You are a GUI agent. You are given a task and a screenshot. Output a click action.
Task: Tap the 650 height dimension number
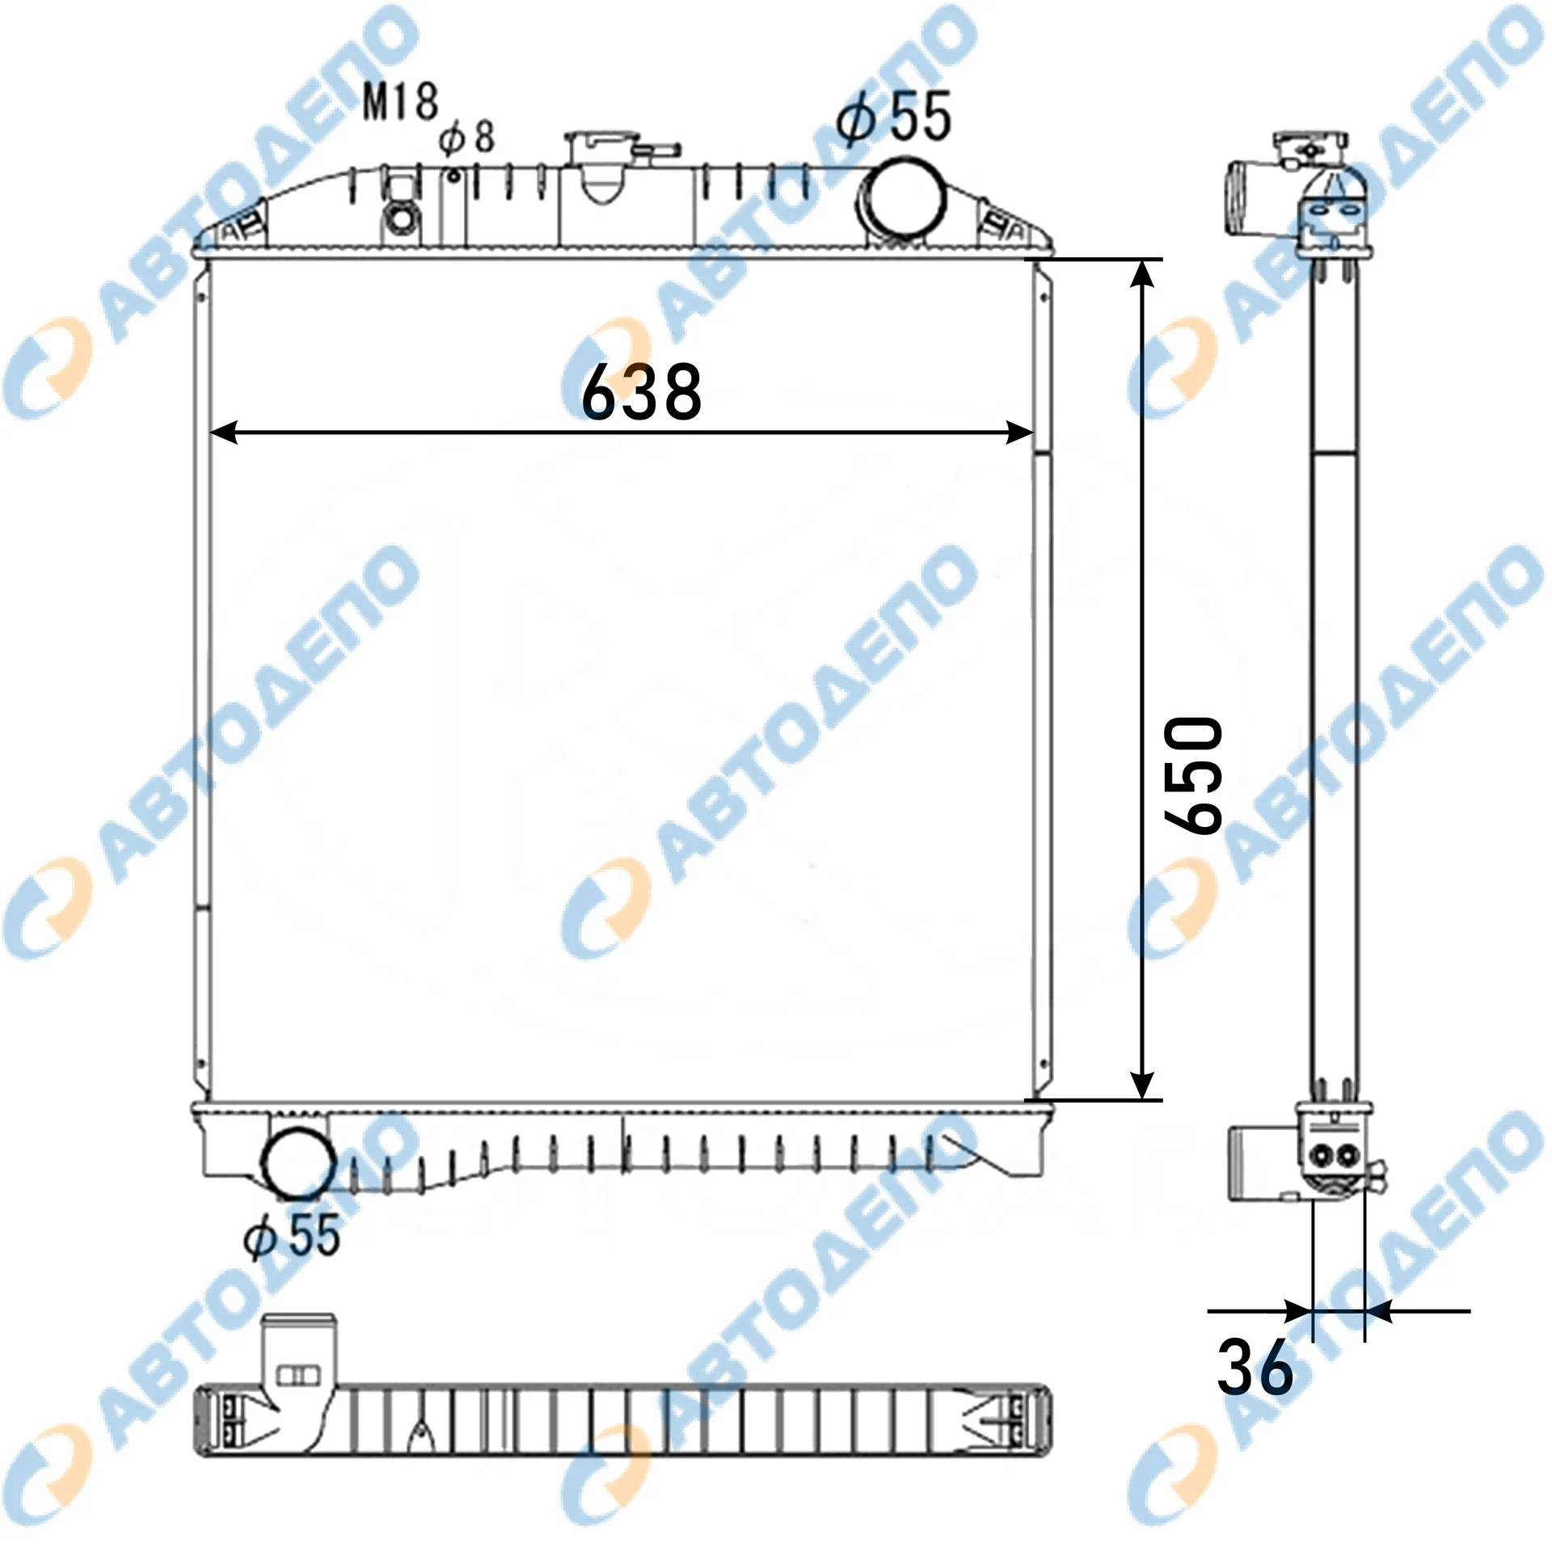tap(1193, 777)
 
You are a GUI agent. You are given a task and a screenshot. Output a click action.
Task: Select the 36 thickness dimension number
tap(1255, 1367)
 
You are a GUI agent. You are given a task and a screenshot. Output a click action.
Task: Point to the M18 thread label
tap(400, 103)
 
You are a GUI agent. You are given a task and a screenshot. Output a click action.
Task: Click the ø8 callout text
tap(467, 137)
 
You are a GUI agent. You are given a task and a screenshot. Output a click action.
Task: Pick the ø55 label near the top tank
tap(894, 117)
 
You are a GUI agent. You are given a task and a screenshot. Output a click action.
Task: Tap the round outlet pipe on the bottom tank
tap(298, 1162)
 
